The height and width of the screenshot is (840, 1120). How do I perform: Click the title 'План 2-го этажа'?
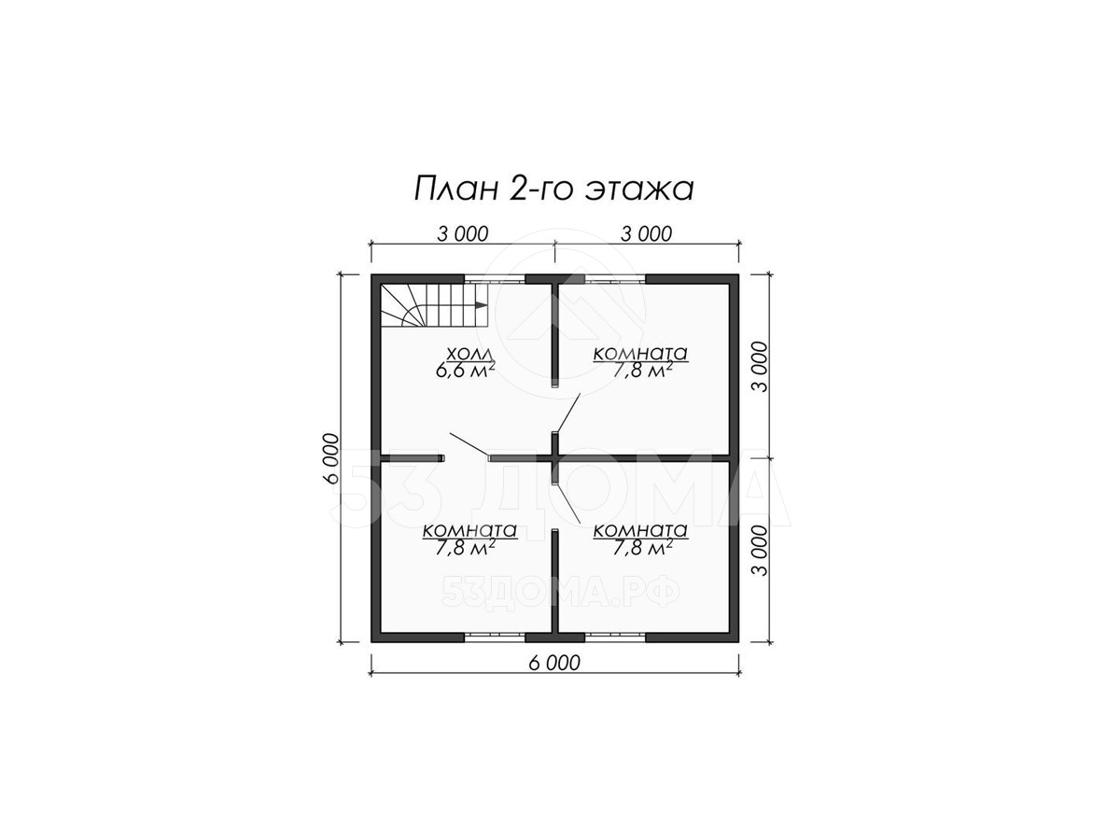553,189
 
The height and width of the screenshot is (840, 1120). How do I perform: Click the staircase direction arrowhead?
480,305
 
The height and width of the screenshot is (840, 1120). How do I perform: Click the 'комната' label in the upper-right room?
640,353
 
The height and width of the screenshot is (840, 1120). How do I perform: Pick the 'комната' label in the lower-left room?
469,530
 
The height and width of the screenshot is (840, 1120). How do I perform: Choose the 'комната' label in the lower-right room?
640,530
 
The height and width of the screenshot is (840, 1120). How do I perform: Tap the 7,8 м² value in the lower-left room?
466,548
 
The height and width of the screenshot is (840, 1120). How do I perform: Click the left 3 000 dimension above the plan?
463,233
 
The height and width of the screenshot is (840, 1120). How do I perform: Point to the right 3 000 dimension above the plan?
647,233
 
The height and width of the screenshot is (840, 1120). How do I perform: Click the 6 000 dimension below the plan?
554,663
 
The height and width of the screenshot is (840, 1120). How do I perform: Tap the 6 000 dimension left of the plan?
331,458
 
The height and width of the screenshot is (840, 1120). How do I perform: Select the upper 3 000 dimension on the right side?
760,367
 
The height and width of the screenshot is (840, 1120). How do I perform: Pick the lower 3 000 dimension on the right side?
760,551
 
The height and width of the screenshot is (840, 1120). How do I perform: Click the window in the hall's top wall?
495,279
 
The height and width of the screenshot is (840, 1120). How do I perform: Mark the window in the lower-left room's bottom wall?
495,637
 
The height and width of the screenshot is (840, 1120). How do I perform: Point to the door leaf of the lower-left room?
469,445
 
